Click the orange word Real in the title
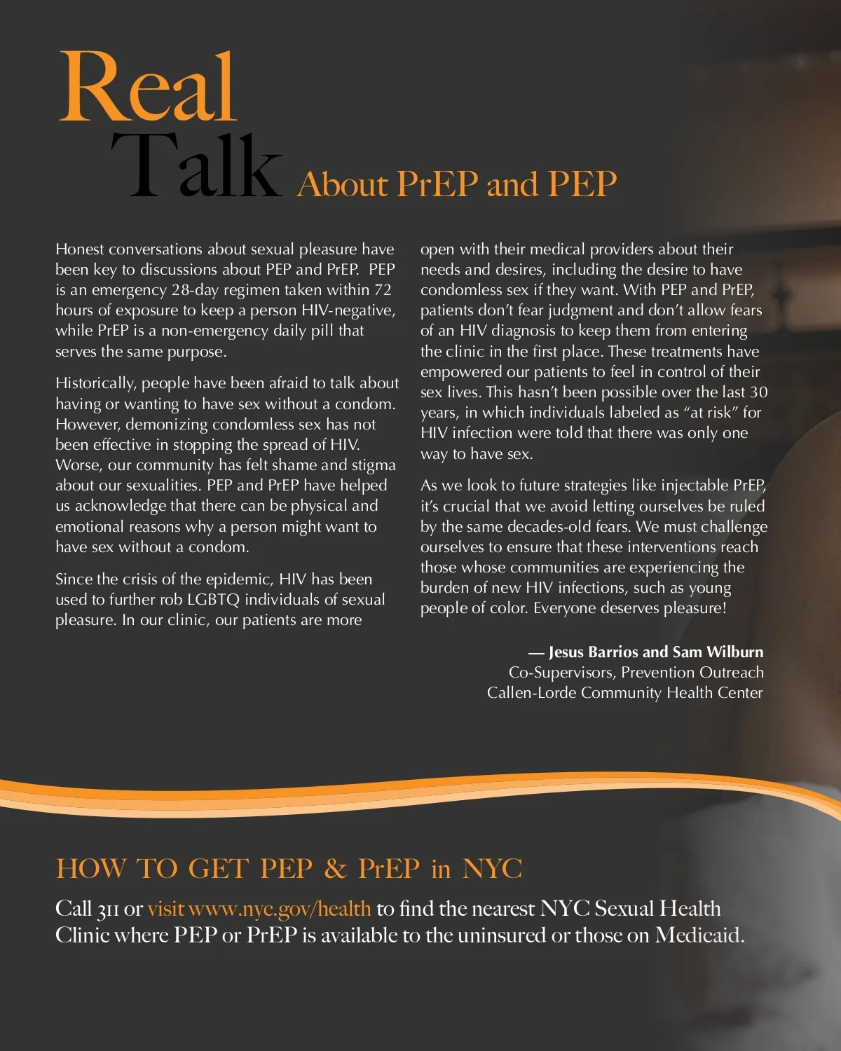click(x=148, y=88)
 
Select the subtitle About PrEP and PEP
click(x=457, y=184)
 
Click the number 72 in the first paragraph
click(x=383, y=290)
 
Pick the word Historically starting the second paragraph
click(x=96, y=383)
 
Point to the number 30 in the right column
click(x=758, y=392)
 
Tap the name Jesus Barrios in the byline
click(x=594, y=652)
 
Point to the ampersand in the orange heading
click(x=336, y=869)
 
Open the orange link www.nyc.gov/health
click(x=280, y=909)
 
